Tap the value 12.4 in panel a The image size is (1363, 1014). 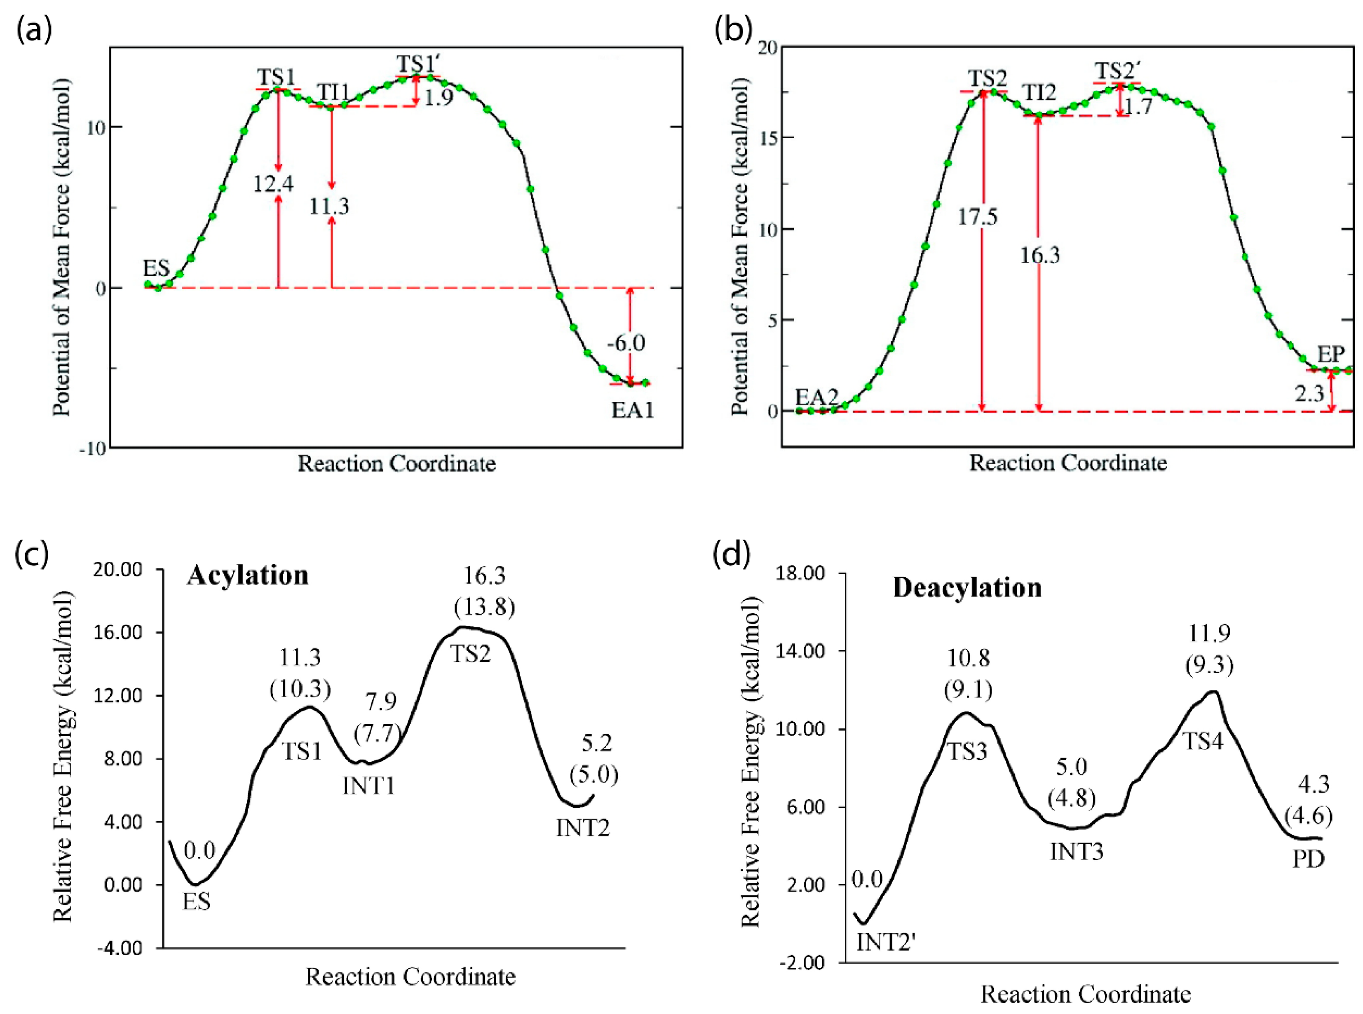coord(274,183)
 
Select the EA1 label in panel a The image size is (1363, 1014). coord(632,410)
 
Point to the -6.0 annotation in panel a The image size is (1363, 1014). coord(626,343)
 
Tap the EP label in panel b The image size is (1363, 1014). coord(1330,354)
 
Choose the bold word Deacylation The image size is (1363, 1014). coord(967,587)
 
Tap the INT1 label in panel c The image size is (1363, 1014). coord(368,786)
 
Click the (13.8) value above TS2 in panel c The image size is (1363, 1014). coord(484,607)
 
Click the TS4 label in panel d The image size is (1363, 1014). coord(1203,741)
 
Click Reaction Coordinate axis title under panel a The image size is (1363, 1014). coord(396,463)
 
